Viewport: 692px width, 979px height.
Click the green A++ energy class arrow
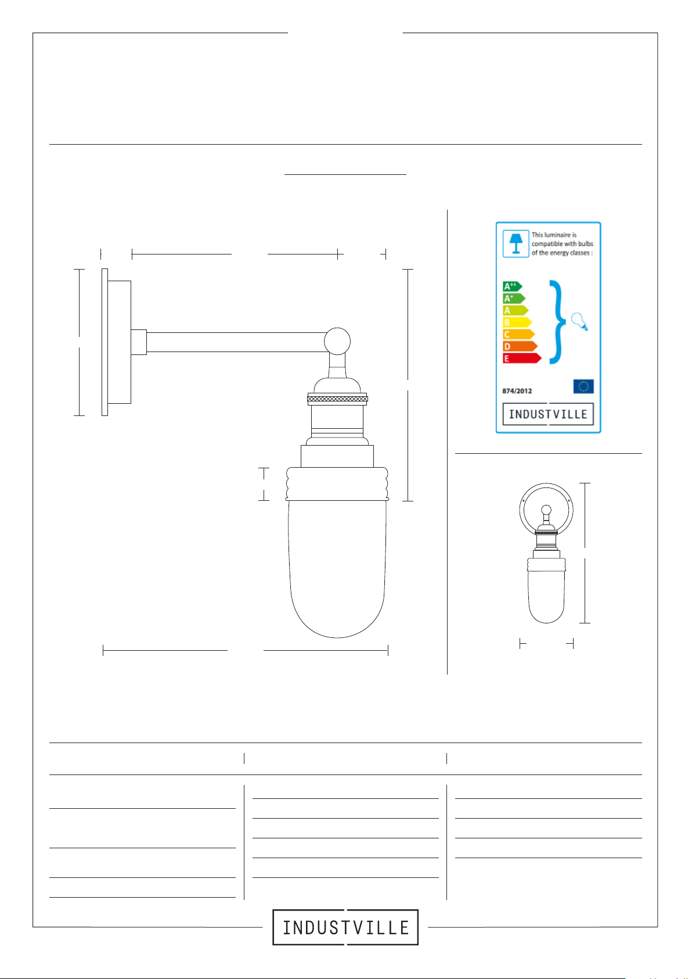click(x=512, y=286)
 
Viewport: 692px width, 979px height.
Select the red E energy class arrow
click(x=522, y=358)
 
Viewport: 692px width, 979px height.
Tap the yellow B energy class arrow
click(x=517, y=322)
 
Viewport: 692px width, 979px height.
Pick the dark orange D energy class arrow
click(x=520, y=347)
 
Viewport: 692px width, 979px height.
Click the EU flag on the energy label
click(x=583, y=386)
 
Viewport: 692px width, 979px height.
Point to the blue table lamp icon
click(x=516, y=244)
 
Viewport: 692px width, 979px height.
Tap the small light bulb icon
click(x=579, y=322)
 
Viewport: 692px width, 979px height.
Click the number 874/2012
click(x=517, y=391)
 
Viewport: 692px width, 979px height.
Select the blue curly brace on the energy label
click(x=557, y=322)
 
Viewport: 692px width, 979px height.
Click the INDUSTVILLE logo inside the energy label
click(x=548, y=414)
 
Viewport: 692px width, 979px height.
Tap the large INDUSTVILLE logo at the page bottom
click(x=345, y=927)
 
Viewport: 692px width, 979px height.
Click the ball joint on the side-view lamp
click(x=337, y=341)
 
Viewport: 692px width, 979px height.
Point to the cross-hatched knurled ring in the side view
click(x=337, y=399)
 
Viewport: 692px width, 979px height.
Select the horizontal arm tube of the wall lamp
click(x=236, y=342)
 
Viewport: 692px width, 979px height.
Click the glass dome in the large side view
click(x=337, y=569)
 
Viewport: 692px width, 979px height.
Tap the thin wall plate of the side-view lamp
click(x=104, y=342)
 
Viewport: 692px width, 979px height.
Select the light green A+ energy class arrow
click(x=514, y=299)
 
